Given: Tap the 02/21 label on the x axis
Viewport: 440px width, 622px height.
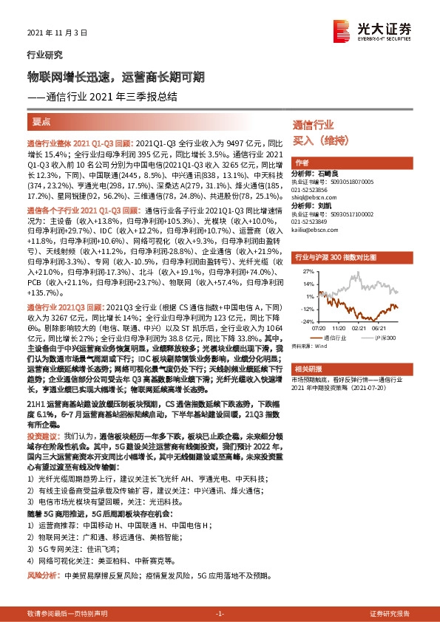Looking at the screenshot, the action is (362, 329).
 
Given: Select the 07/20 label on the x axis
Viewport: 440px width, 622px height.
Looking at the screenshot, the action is (318, 329).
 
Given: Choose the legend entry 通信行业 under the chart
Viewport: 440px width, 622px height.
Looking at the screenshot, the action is (334, 337).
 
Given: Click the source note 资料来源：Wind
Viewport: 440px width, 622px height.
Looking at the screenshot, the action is (308, 345).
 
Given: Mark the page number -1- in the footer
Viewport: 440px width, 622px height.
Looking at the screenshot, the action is (220, 613).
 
